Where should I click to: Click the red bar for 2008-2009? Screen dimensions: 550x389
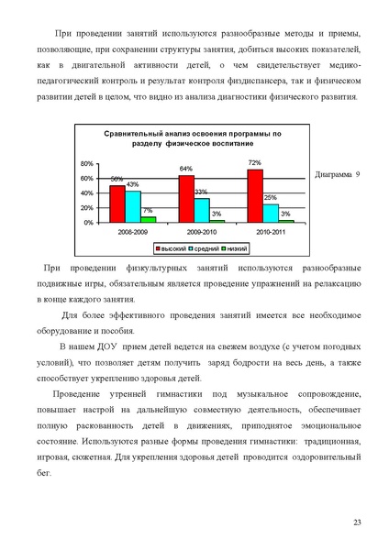click(117, 203)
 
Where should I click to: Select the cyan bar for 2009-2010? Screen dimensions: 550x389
click(201, 210)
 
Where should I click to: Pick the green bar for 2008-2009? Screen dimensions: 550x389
click(148, 220)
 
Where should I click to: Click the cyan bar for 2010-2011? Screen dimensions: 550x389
click(271, 213)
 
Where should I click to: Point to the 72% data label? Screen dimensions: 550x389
click(255, 163)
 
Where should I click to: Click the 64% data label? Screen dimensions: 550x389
click(185, 170)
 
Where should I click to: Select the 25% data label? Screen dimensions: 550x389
click(271, 198)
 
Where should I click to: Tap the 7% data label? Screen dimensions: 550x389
click(148, 211)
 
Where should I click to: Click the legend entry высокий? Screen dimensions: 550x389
click(170, 248)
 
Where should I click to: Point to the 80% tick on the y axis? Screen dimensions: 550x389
click(86, 163)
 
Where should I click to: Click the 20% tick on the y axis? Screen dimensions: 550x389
click(86, 208)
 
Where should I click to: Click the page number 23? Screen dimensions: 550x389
click(359, 522)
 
